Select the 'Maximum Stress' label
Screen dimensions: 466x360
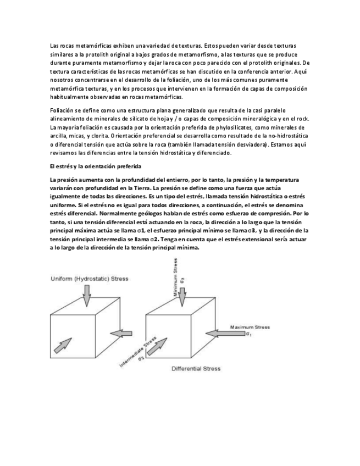point(250,327)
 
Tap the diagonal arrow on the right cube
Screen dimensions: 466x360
point(160,346)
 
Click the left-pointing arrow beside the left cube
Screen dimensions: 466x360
point(123,333)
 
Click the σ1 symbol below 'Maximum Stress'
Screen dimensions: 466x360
point(249,334)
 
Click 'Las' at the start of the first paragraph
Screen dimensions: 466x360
point(54,46)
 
